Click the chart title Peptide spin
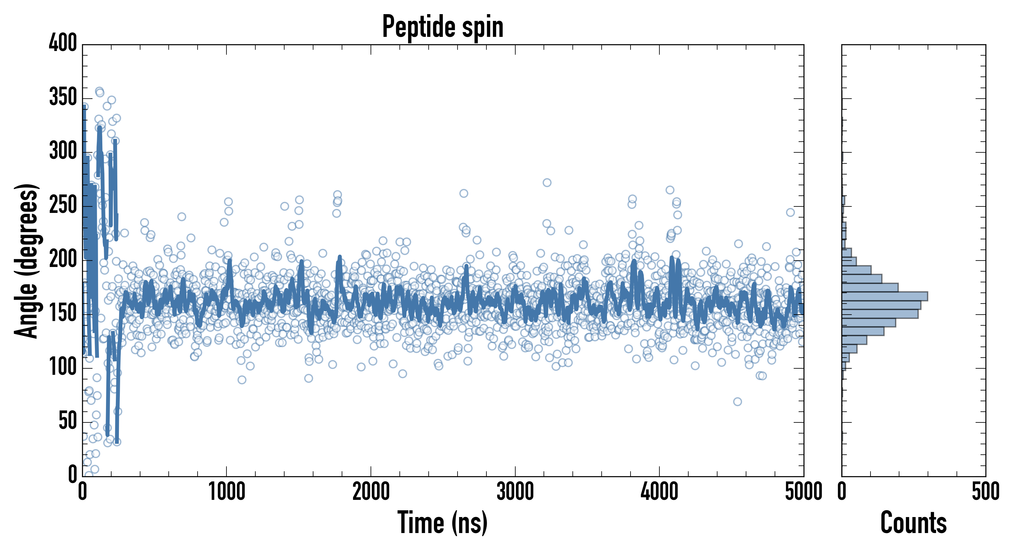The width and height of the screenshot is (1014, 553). click(443, 27)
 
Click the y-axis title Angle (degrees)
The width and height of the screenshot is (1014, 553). click(27, 261)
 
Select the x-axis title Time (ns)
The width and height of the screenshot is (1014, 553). click(443, 522)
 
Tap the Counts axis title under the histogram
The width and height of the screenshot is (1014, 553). click(913, 522)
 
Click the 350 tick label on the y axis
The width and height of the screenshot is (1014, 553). click(63, 97)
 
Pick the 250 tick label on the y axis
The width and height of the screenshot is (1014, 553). click(63, 205)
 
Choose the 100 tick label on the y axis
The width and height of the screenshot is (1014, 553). click(63, 367)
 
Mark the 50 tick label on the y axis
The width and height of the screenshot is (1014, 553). click(68, 421)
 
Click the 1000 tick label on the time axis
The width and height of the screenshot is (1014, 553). click(227, 492)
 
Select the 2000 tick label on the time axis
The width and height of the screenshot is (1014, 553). click(371, 492)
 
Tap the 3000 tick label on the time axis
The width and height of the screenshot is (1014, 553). click(515, 492)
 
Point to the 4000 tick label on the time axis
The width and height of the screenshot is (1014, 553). click(659, 492)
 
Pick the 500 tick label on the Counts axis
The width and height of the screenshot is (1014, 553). click(985, 492)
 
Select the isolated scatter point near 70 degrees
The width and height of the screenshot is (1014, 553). click(737, 402)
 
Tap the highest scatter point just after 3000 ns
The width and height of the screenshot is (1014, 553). click(547, 182)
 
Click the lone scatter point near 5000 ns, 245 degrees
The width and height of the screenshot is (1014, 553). click(790, 213)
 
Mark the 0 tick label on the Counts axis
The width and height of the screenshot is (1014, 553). click(842, 492)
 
